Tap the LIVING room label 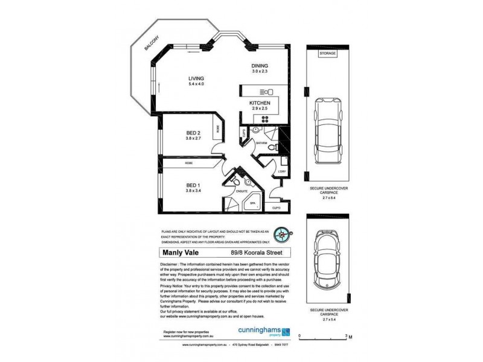coord(196,78)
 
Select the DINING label coord(260,66)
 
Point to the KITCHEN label coord(260,104)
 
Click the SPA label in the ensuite coord(253,203)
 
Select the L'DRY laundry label coord(281,172)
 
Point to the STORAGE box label coord(328,54)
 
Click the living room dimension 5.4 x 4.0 coord(196,85)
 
